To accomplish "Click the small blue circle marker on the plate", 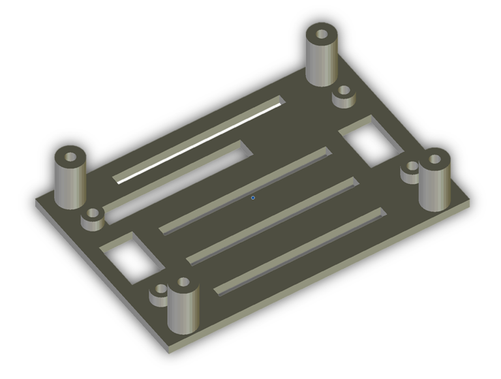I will [253, 198].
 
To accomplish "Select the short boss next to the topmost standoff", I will [344, 96].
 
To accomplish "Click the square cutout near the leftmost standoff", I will [132, 257].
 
